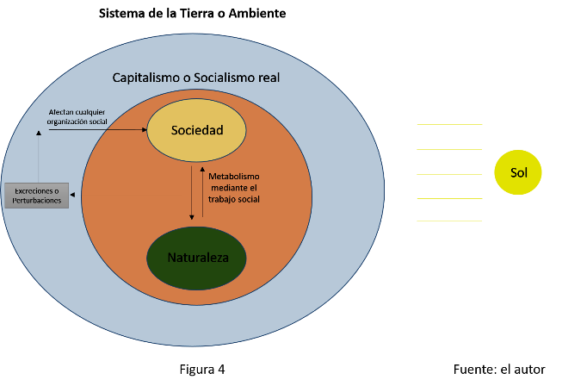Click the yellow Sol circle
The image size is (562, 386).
pyautogui.click(x=518, y=173)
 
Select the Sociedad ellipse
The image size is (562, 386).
pyautogui.click(x=196, y=131)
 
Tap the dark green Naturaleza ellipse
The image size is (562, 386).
pyautogui.click(x=196, y=258)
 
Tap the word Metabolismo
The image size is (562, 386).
pyautogui.click(x=232, y=177)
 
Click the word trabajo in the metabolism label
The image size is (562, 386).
pyautogui.click(x=223, y=199)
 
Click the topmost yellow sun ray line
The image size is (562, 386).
pyautogui.click(x=449, y=125)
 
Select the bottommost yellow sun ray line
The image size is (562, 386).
pyautogui.click(x=449, y=221)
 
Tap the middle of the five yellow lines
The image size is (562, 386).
pyautogui.click(x=449, y=174)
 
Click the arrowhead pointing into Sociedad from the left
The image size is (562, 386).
pyautogui.click(x=142, y=131)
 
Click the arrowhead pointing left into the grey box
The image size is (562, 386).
pyautogui.click(x=72, y=196)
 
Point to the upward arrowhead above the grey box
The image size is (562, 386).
pyautogui.click(x=38, y=134)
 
